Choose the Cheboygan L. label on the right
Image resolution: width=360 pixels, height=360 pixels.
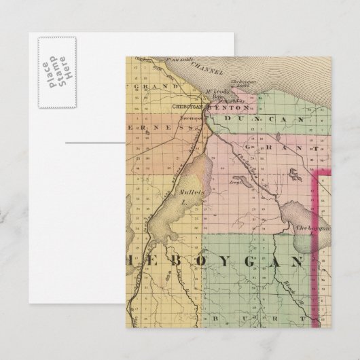click(x=313, y=229)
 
